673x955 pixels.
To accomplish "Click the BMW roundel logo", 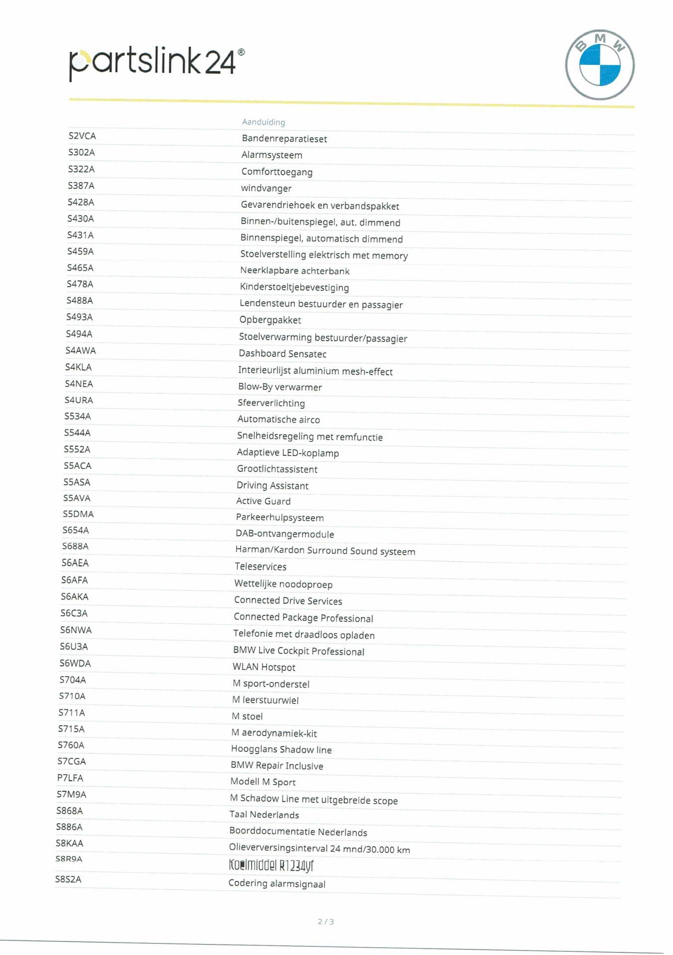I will (599, 64).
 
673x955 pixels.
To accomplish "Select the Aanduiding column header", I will (263, 122).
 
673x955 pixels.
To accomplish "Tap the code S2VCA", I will (82, 136).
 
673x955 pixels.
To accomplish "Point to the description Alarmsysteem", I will (272, 155).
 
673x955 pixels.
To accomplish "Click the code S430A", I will (81, 219).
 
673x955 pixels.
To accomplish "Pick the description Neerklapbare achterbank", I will (294, 271).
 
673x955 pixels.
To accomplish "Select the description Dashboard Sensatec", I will (282, 354).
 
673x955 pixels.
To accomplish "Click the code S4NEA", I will (79, 384).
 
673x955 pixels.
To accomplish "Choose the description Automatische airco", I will (278, 419).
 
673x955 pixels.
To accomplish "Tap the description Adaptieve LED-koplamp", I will (287, 452).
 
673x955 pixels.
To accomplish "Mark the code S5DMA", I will (78, 514).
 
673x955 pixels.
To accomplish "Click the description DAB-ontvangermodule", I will (285, 534).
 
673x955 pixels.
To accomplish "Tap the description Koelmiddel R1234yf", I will (271, 866).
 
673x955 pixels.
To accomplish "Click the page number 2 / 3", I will (326, 922).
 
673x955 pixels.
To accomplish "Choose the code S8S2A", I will (68, 879).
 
